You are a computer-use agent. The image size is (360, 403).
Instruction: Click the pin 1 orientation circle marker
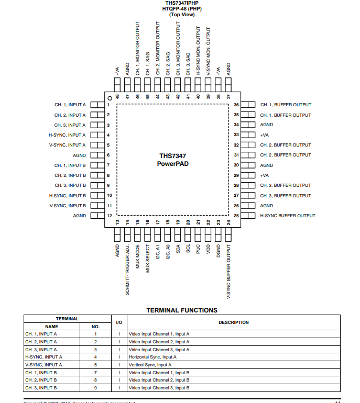pyautogui.click(x=109, y=98)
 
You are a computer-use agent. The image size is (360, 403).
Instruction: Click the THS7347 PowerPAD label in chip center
pyautogui.click(x=172, y=160)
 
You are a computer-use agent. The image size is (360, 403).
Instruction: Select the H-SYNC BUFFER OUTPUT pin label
pyautogui.click(x=288, y=216)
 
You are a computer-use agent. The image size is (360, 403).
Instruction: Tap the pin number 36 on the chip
pyautogui.click(x=236, y=105)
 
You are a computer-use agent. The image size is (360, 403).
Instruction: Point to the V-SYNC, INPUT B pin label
pyautogui.click(x=68, y=206)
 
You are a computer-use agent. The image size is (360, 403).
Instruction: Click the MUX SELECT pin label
pyautogui.click(x=148, y=259)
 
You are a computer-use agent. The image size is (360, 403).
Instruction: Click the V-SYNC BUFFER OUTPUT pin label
pyautogui.click(x=228, y=271)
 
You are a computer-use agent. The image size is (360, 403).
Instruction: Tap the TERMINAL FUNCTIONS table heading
pyautogui.click(x=181, y=310)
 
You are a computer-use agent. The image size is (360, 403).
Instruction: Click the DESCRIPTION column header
pyautogui.click(x=233, y=322)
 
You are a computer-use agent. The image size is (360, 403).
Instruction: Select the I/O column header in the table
pyautogui.click(x=119, y=322)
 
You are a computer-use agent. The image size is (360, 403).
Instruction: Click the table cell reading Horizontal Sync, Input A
pyautogui.click(x=152, y=357)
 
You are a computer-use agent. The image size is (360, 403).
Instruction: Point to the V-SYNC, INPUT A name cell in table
pyautogui.click(x=43, y=365)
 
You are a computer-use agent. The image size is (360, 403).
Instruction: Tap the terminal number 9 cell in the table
pyautogui.click(x=95, y=388)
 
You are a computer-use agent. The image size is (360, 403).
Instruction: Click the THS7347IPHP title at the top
pyautogui.click(x=181, y=3)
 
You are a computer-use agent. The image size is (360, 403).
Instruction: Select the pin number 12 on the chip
pyautogui.click(x=109, y=216)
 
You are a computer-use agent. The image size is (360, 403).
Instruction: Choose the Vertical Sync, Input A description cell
pyautogui.click(x=149, y=365)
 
